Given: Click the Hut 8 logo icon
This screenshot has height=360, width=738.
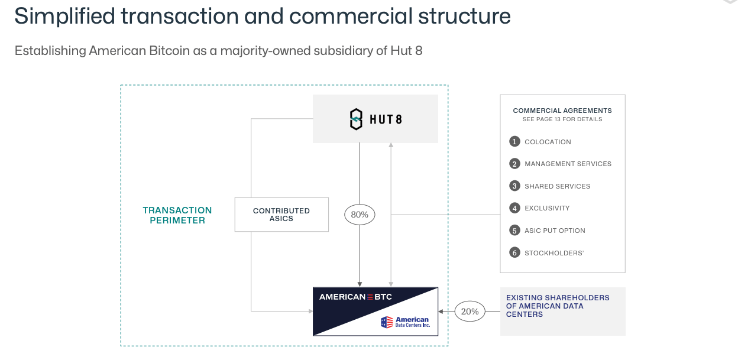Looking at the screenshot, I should (356, 119).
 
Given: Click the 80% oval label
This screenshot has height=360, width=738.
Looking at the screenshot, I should (360, 215).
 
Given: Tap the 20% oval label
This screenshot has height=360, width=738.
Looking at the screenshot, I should (470, 312).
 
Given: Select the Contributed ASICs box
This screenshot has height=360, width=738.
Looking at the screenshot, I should (281, 215).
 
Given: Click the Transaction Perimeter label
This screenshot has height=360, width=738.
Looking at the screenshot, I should (177, 215).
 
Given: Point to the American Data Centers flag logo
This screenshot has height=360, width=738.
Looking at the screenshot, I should (387, 322).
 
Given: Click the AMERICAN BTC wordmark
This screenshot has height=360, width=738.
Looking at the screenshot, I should (355, 297).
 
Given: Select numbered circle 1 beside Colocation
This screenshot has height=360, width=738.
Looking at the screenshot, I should (514, 142).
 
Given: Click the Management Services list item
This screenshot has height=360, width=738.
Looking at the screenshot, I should (568, 164).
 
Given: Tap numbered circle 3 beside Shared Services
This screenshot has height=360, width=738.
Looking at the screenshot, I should (514, 186).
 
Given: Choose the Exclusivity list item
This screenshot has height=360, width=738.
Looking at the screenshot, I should (547, 208).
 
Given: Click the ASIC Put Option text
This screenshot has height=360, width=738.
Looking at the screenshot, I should (555, 231).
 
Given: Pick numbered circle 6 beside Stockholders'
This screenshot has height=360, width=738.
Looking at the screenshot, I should (514, 253).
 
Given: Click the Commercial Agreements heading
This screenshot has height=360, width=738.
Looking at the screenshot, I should (562, 111).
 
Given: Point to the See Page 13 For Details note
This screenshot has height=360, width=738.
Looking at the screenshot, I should (562, 119).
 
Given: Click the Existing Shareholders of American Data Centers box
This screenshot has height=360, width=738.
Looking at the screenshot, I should (562, 312).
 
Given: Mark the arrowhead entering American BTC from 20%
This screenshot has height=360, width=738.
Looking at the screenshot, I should (441, 312).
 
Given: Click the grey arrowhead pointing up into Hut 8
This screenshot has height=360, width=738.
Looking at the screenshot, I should (391, 145).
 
